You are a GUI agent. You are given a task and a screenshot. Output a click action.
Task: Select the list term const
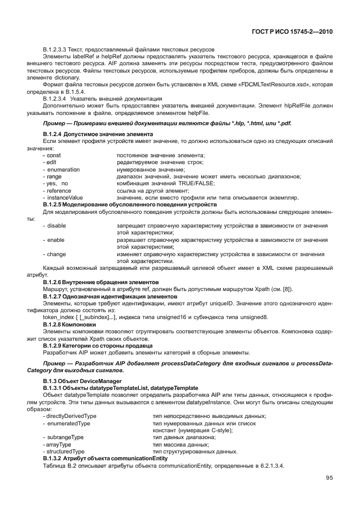[54, 156]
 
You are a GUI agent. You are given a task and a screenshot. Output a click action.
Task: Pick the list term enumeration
[63, 170]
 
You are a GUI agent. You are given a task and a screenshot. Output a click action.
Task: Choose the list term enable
[55, 240]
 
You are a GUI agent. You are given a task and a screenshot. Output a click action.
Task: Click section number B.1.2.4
[55, 133]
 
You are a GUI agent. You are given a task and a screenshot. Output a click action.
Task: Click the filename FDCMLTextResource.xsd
[275, 85]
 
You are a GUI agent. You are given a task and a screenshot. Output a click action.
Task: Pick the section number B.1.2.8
[55, 324]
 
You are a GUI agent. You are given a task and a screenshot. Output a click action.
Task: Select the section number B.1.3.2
[55, 459]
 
